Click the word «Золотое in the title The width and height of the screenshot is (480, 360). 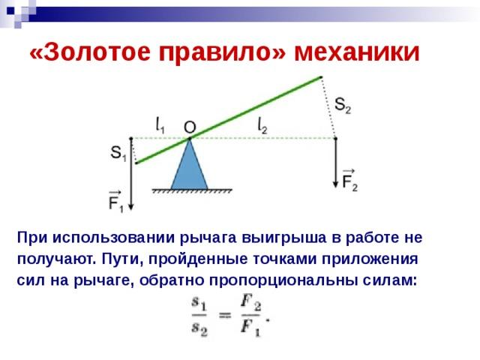[x=90, y=52]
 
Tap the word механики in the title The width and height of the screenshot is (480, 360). [x=357, y=52]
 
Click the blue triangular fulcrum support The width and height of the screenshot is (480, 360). [x=190, y=164]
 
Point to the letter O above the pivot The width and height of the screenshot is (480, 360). [x=190, y=127]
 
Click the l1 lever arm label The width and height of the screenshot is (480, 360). [x=160, y=125]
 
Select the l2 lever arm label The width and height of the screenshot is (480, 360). [x=262, y=126]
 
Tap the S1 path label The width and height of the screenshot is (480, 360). [x=118, y=153]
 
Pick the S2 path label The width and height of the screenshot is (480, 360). [x=343, y=106]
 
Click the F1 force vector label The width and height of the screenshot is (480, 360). [x=115, y=202]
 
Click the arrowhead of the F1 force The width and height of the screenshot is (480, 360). [x=131, y=207]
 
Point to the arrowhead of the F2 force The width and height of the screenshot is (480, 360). [x=336, y=184]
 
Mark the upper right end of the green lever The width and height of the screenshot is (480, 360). [x=320, y=77]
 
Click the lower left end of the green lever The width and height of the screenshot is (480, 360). [x=136, y=163]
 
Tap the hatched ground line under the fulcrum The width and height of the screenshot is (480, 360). [x=192, y=191]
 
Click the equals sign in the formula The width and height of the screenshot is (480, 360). [x=225, y=315]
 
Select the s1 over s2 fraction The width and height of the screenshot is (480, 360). [x=199, y=316]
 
